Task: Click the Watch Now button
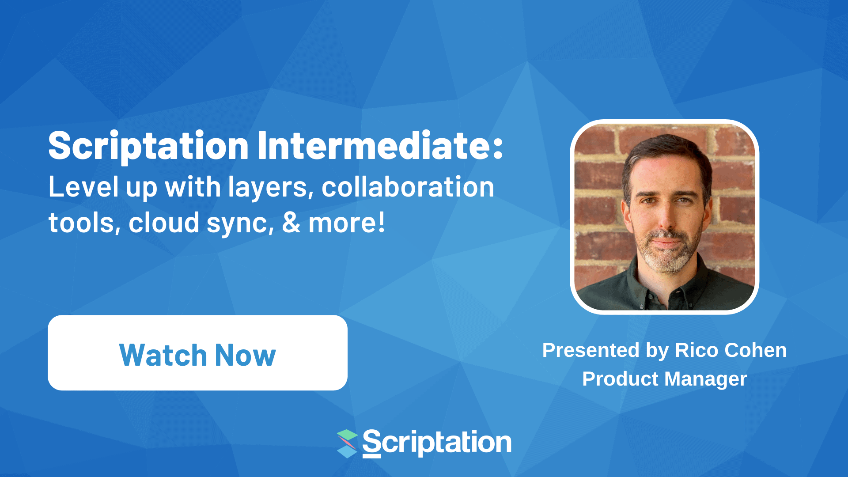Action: (197, 353)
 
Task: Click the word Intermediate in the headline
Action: (380, 146)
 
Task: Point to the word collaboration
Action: (408, 187)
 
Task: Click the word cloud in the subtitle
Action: (164, 223)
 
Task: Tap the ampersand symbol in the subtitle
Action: (291, 223)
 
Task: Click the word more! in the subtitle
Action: (347, 223)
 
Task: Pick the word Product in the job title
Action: (620, 379)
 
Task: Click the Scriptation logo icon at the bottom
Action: (347, 443)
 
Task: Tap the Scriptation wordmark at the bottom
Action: (437, 443)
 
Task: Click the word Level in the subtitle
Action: (83, 187)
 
